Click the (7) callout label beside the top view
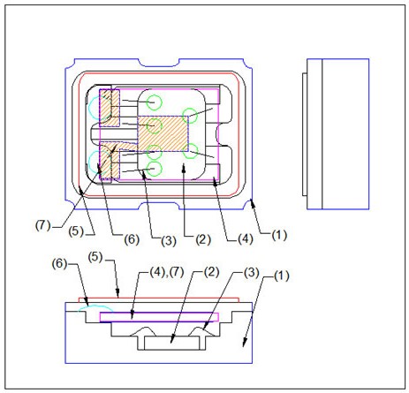(x=43, y=225)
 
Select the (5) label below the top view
(x=76, y=231)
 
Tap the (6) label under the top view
(x=132, y=239)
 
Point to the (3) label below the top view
(x=169, y=241)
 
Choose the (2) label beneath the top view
(x=203, y=240)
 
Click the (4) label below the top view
(x=246, y=239)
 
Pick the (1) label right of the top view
(x=279, y=236)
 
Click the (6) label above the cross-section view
(x=60, y=263)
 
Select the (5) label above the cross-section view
(x=95, y=258)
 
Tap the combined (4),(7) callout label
(x=167, y=272)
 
